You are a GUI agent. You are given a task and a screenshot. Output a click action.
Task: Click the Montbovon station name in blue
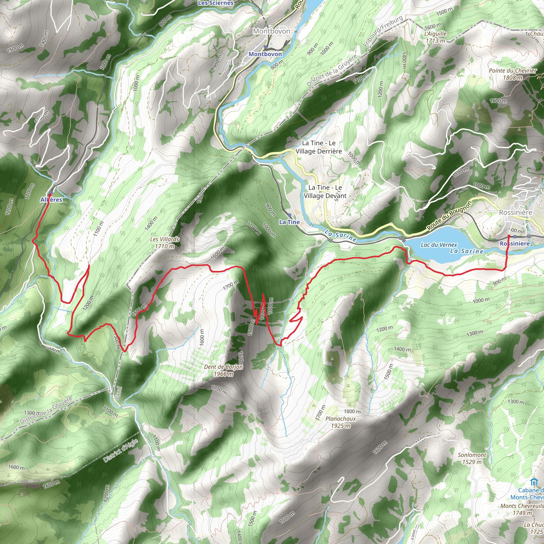265,54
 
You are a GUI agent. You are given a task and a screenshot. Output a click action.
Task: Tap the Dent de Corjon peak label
223,370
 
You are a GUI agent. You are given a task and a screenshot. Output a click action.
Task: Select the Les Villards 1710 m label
164,243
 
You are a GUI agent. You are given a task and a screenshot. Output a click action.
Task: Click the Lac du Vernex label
439,245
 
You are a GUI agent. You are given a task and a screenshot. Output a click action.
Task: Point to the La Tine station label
289,222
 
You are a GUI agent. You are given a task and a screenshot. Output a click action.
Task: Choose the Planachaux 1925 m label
341,422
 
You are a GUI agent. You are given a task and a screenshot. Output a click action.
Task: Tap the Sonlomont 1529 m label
472,458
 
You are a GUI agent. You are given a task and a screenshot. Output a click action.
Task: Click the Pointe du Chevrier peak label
512,74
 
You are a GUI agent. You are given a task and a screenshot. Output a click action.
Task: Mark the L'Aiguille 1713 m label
435,37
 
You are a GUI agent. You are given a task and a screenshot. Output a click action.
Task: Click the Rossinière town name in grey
516,212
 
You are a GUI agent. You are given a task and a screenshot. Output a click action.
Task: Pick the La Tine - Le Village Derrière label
318,147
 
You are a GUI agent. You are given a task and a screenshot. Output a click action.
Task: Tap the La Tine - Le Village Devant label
325,192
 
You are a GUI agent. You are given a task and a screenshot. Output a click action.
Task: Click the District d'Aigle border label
121,450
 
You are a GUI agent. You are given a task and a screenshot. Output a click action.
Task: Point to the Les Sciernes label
216,3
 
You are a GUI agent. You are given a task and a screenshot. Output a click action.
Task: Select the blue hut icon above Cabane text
533,482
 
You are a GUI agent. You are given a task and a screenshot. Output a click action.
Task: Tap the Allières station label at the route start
51,200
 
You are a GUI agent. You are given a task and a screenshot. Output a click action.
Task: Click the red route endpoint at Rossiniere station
509,236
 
